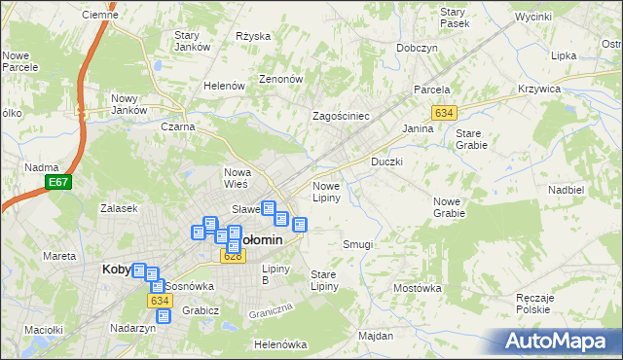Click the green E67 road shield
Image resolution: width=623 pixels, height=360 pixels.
pos(58,182)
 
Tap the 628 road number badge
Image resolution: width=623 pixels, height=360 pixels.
pos(233,256)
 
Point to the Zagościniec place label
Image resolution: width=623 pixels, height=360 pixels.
pos(340,115)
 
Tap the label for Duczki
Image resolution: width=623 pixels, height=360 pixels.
pos(386,162)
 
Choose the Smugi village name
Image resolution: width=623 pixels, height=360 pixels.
pos(357,244)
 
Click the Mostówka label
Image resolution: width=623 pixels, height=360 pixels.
pos(418,288)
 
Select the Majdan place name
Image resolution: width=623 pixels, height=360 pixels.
pos(375,336)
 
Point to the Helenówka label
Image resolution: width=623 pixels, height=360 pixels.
pos(279,344)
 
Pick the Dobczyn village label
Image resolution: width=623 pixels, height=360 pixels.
pos(417,48)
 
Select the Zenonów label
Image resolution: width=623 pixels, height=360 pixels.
pos(280,79)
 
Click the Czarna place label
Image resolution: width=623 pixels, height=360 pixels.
pos(178,126)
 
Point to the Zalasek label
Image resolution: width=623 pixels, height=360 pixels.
pos(119,208)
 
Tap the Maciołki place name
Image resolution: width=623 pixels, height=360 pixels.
pos(43,330)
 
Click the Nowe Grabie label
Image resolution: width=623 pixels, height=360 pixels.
pos(449,207)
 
